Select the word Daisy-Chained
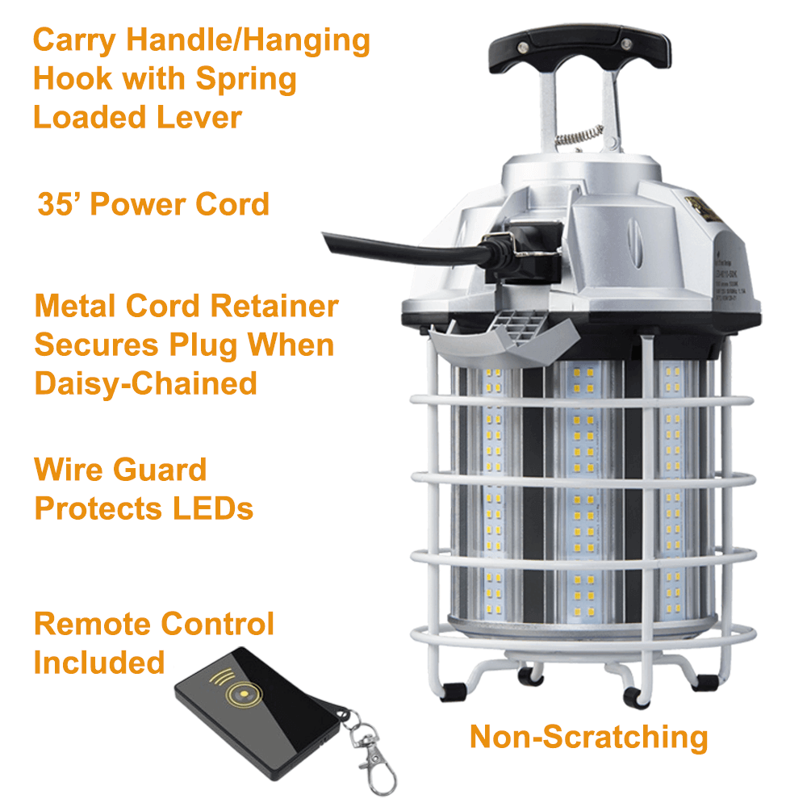145,383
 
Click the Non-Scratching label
588,737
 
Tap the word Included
99,663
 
